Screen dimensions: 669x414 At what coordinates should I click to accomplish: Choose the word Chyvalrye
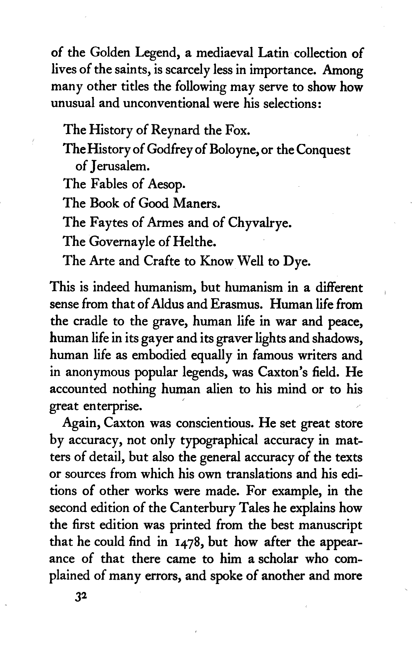click(259, 223)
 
